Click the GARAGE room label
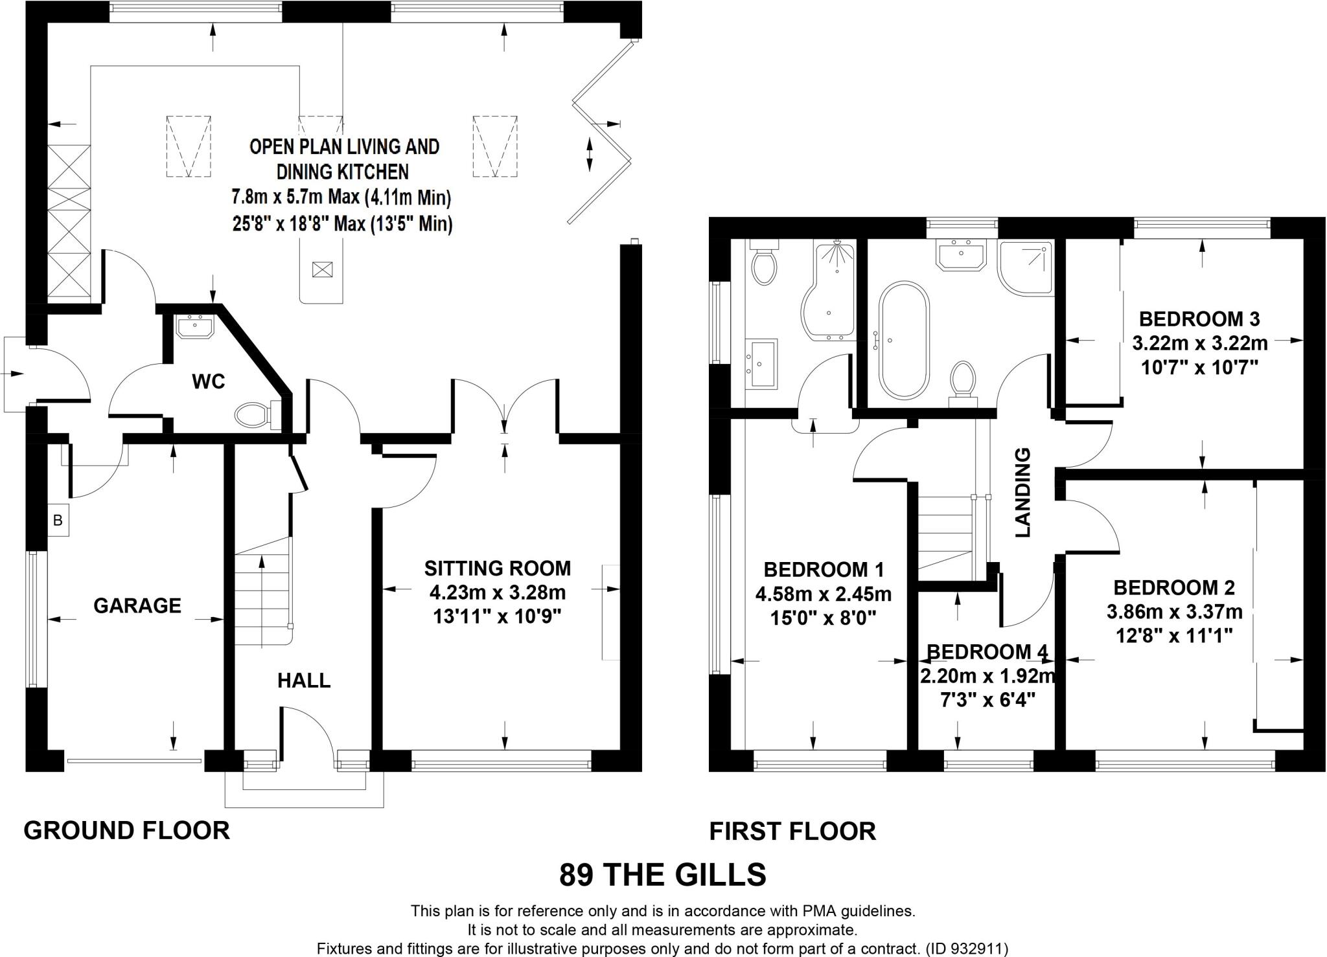[x=137, y=605]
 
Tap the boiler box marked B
[x=58, y=520]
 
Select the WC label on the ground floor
[x=209, y=381]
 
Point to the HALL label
[x=304, y=681]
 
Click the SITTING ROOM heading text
[x=498, y=569]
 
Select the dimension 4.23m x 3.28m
[x=498, y=592]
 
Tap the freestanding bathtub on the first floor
[x=903, y=340]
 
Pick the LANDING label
[x=1023, y=492]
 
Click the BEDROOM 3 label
[x=1199, y=319]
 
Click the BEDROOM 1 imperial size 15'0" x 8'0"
[x=823, y=618]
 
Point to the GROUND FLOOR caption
[x=127, y=830]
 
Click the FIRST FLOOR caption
[x=792, y=831]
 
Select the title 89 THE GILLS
[x=663, y=875]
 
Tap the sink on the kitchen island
[x=322, y=269]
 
